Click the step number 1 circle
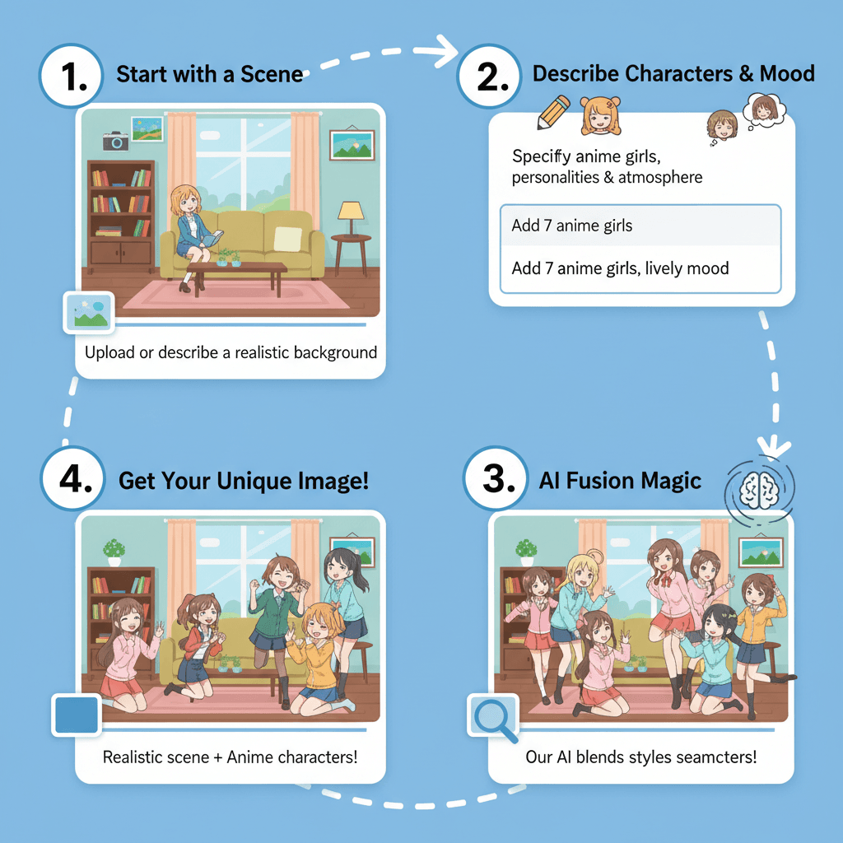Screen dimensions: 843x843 pos(71,76)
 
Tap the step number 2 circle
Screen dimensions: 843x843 pos(489,76)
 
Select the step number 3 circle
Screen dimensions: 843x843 pos(495,478)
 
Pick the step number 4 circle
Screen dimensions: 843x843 pos(72,478)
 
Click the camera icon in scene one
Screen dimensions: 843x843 pos(115,140)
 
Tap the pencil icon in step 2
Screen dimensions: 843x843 pos(553,112)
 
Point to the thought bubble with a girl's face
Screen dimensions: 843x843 pos(764,109)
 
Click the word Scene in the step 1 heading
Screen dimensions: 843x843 pos(272,74)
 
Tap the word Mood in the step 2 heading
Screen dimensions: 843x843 pos(787,73)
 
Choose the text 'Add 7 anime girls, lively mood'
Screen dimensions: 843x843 pos(620,268)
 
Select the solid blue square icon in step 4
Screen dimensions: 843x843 pos(77,715)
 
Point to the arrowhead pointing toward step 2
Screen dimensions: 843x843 pos(445,51)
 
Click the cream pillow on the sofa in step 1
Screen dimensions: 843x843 pos(287,239)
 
